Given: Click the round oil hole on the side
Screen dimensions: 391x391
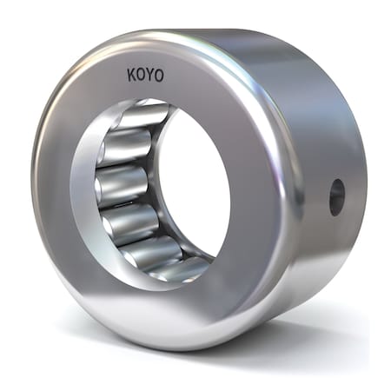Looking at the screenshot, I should [x=336, y=196].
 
